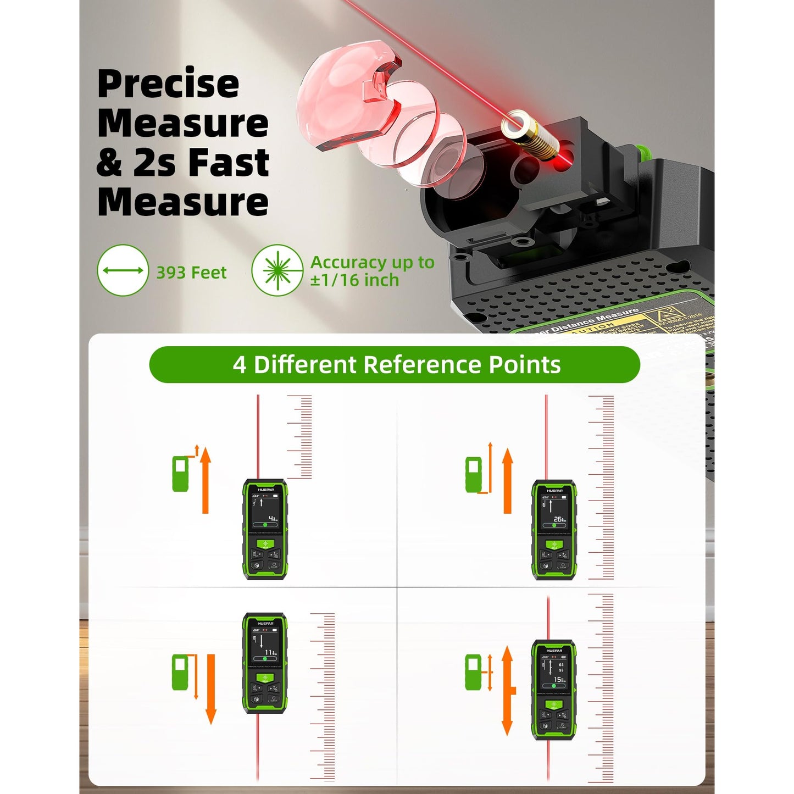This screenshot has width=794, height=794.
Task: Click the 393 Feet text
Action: (x=191, y=273)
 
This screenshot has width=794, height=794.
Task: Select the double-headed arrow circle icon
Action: (x=123, y=270)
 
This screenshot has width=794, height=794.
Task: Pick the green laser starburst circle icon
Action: (x=277, y=270)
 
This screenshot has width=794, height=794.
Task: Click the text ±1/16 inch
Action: (x=354, y=280)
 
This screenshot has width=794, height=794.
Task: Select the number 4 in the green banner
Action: (x=240, y=365)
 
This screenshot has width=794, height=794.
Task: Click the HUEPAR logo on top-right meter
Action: (x=554, y=490)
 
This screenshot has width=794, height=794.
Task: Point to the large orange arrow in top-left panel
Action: (x=206, y=481)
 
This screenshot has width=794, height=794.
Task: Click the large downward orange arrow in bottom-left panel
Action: (x=210, y=690)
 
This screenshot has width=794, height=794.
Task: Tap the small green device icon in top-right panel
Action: (x=473, y=475)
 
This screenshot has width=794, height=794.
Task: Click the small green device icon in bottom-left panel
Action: (x=180, y=672)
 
